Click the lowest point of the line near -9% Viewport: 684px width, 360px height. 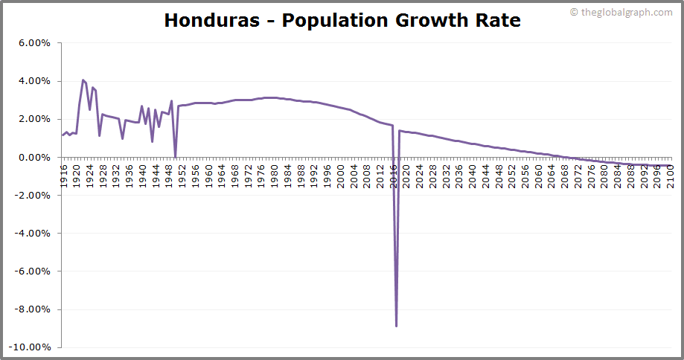pyautogui.click(x=396, y=326)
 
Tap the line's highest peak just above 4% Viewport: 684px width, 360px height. pyautogui.click(x=83, y=80)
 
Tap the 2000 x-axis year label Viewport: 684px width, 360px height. pyautogui.click(x=340, y=176)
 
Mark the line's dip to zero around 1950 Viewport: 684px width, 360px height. pyautogui.click(x=175, y=156)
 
